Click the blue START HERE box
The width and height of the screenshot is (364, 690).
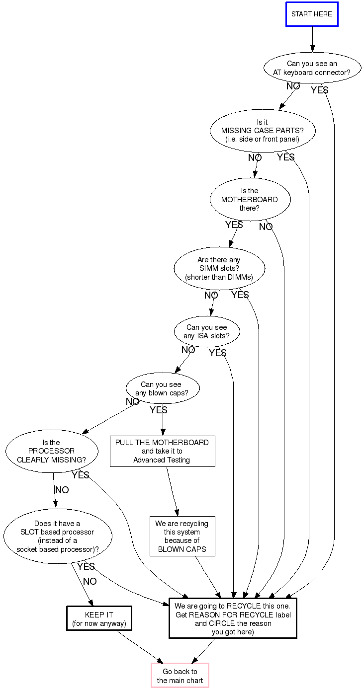[x=312, y=14]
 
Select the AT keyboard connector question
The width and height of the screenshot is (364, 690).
[x=312, y=68]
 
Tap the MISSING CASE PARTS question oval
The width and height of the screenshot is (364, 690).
[x=263, y=131]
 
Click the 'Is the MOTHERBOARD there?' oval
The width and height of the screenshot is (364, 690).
[x=250, y=199]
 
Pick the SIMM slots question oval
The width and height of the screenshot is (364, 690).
[x=219, y=268]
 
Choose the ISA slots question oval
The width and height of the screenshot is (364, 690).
[x=207, y=331]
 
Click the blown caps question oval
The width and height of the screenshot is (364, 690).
[x=162, y=388]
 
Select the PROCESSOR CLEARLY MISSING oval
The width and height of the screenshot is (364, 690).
[x=51, y=451]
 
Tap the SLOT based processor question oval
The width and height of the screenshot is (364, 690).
[x=57, y=537]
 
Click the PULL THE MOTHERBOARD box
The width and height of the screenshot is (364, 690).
[x=162, y=451]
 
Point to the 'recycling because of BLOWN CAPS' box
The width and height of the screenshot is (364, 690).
[x=182, y=537]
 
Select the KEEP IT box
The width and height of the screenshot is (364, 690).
[x=99, y=618]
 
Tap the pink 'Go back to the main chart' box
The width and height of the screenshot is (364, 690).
[x=180, y=676]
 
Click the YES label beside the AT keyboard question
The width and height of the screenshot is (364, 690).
[x=319, y=90]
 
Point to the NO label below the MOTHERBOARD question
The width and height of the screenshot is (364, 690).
[x=266, y=227]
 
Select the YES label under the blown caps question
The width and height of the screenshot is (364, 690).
[x=159, y=410]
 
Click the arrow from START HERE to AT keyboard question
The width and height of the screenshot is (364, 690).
[x=312, y=39]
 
